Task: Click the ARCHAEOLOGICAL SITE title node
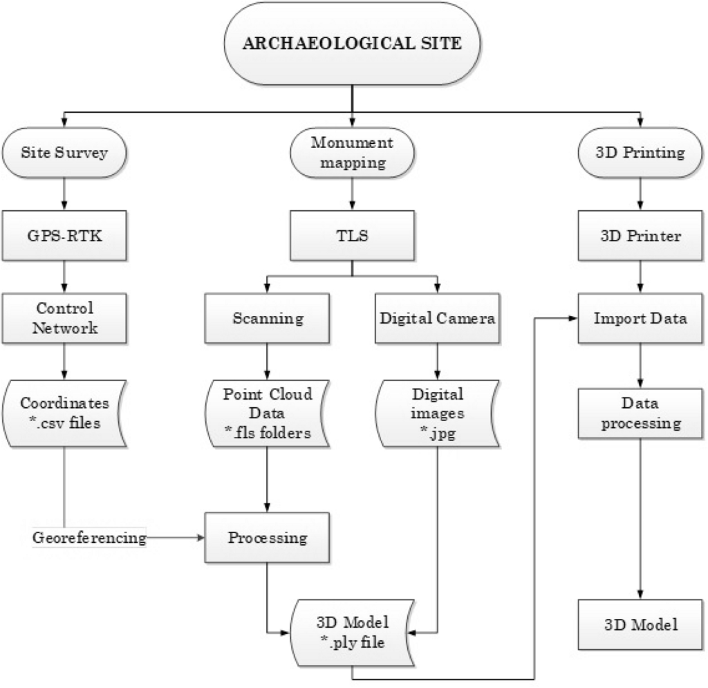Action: [353, 44]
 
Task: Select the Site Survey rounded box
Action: [64, 153]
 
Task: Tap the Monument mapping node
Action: [353, 153]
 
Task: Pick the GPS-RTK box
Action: [64, 235]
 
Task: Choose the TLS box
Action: [353, 235]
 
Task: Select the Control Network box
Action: [64, 318]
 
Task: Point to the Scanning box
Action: [268, 319]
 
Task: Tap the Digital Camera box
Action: [436, 319]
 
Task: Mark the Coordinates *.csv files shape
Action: [64, 412]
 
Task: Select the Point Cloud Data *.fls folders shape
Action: [268, 412]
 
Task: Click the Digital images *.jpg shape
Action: [436, 412]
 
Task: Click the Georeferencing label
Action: [90, 537]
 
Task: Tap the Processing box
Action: [268, 537]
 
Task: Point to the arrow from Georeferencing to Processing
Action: [176, 537]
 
